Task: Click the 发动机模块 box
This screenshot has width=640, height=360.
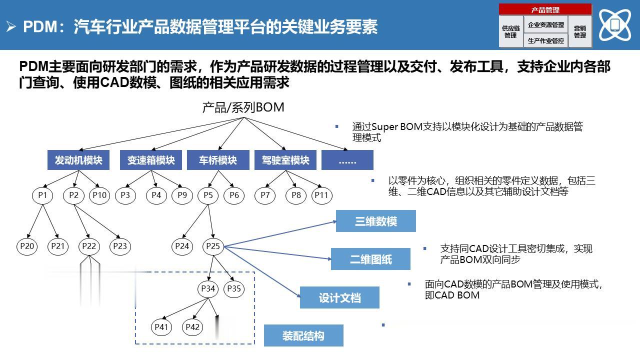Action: point(78,160)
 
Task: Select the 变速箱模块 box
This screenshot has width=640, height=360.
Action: point(151,160)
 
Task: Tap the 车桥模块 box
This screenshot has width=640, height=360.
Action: point(218,160)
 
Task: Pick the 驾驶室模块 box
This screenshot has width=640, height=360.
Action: point(285,160)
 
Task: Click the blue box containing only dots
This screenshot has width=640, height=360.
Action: point(347,160)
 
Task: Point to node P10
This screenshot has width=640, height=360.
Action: point(99,195)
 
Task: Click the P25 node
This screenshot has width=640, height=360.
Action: point(213,246)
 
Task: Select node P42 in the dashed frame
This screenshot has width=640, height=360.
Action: point(192,327)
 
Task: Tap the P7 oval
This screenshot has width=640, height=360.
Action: point(265,195)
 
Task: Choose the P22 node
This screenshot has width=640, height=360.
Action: point(89,246)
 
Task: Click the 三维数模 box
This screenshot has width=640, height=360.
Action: point(375,221)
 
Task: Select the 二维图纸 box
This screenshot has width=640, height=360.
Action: point(370,259)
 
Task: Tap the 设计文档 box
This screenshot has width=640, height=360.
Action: point(339,297)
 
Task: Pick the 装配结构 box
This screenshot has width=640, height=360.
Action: point(303,335)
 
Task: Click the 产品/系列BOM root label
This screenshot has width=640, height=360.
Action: point(243,107)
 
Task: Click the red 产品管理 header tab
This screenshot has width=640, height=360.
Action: point(545,9)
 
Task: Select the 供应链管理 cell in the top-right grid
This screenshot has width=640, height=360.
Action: point(511,31)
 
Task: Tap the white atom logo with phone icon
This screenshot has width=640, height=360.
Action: point(615,25)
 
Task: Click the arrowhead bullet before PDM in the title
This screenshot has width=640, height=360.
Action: point(11,26)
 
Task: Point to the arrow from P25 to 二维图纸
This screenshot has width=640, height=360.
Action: point(277,253)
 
